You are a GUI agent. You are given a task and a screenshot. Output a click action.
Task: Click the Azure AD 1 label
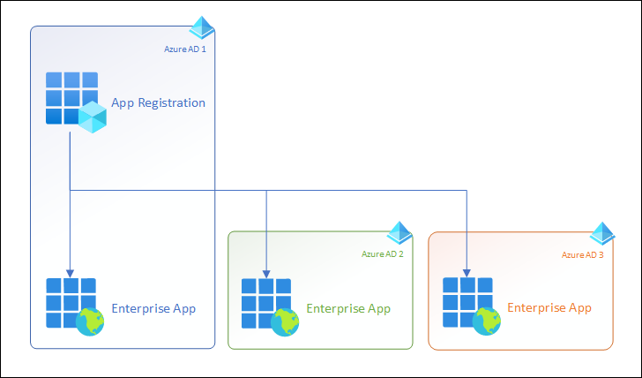pos(185,49)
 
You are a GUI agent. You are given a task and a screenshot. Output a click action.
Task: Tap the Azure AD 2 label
pos(383,254)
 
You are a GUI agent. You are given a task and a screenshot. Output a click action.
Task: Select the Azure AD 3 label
pos(583,254)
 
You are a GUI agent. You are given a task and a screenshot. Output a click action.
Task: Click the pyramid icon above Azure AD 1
pos(202,27)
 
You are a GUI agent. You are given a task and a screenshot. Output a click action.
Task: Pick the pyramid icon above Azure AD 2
pos(399,233)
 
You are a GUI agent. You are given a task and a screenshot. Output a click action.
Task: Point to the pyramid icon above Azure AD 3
pos(602,233)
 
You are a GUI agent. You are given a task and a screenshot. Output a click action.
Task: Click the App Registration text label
pos(158,102)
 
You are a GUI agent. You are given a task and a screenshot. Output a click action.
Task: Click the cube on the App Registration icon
pos(92,117)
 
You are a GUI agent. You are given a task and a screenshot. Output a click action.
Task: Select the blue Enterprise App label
pos(153,308)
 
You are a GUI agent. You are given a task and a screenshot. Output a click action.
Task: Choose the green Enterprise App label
pos(348,308)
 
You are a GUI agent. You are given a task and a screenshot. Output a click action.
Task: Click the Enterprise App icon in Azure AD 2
pos(265,303)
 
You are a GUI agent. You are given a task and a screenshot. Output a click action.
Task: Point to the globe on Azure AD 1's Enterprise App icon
pos(90,321)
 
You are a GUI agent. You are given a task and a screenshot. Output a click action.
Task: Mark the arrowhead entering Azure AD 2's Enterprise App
pos(266,272)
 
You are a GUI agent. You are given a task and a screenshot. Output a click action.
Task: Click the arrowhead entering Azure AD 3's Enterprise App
pos(467,272)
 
